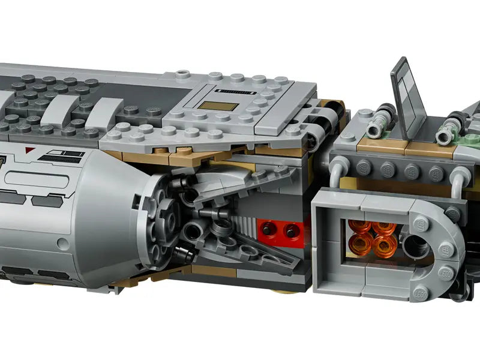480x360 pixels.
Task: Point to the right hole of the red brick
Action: pos(292,229)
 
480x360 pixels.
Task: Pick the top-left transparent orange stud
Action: pos(359,228)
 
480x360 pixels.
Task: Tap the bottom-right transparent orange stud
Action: pos(380,246)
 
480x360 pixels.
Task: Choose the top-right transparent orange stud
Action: pos(382,228)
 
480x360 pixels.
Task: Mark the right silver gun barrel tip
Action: pos(444,138)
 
